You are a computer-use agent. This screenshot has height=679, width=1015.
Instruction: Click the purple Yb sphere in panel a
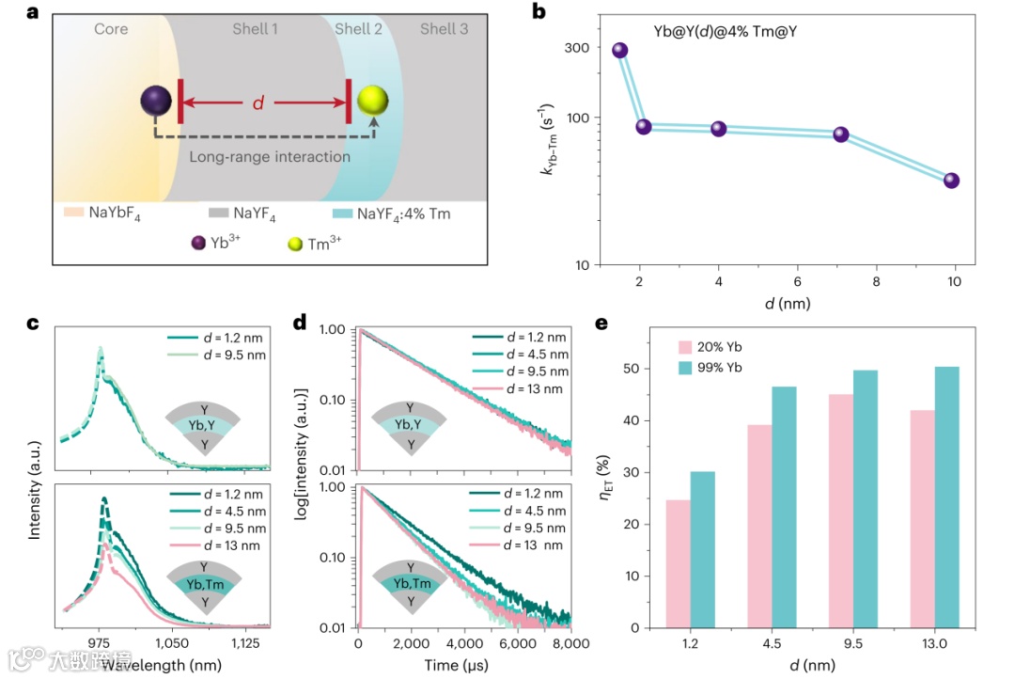(155, 103)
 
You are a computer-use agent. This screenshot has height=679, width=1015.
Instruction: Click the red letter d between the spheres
(258, 103)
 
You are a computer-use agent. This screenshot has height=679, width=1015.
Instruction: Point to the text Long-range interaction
(270, 157)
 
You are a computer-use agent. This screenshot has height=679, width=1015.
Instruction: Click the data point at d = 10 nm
(951, 181)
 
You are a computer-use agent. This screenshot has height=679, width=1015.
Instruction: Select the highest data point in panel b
(620, 51)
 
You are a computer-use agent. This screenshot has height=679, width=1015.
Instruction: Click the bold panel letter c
(33, 324)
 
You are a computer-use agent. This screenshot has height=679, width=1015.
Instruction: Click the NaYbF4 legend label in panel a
(121, 214)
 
